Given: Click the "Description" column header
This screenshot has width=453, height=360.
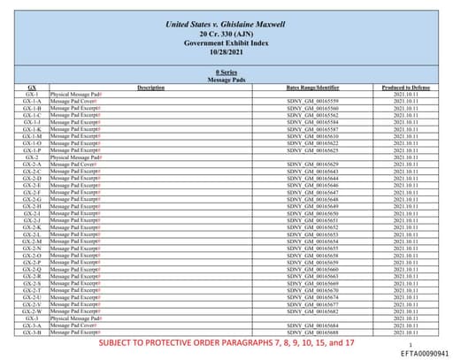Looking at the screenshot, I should point(151,87).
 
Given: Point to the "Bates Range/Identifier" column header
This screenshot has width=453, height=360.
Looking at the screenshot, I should point(313,87).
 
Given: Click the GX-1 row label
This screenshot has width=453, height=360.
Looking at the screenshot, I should point(32,94).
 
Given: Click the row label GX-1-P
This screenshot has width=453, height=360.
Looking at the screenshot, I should point(32,150).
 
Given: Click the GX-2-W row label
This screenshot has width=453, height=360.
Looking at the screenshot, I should point(32,311).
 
